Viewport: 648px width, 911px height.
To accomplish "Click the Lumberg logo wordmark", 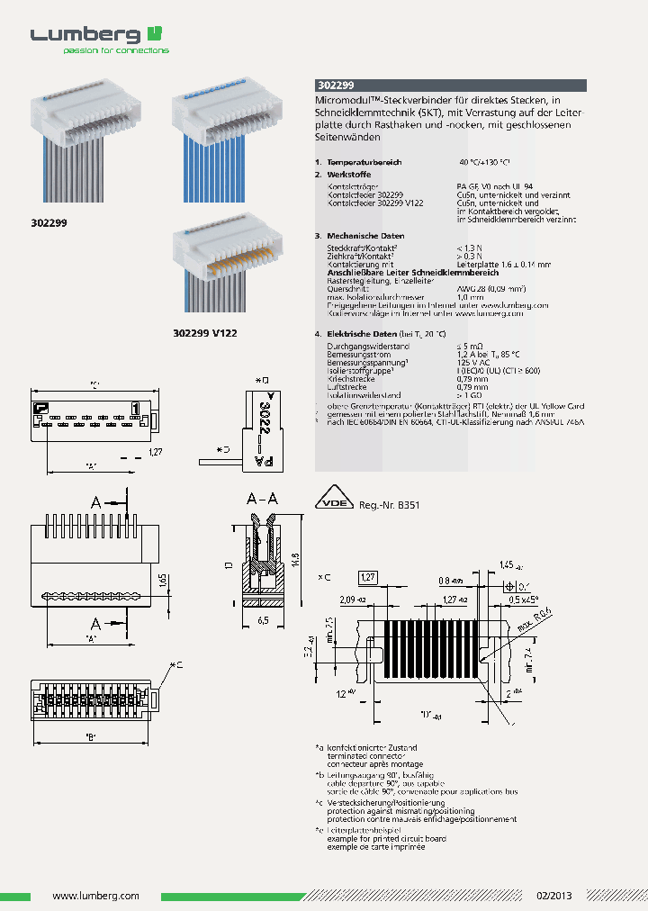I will (x=85, y=35).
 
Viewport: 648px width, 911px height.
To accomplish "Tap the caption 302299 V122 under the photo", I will (x=204, y=333).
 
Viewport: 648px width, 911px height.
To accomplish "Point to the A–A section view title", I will (x=262, y=498).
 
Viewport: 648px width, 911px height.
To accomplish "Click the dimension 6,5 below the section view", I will (x=264, y=621).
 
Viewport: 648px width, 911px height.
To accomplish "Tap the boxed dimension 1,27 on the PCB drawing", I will (x=368, y=577).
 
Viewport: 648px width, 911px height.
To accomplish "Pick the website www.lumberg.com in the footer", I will (x=95, y=896).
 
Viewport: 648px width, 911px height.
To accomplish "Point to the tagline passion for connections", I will (x=115, y=51).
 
